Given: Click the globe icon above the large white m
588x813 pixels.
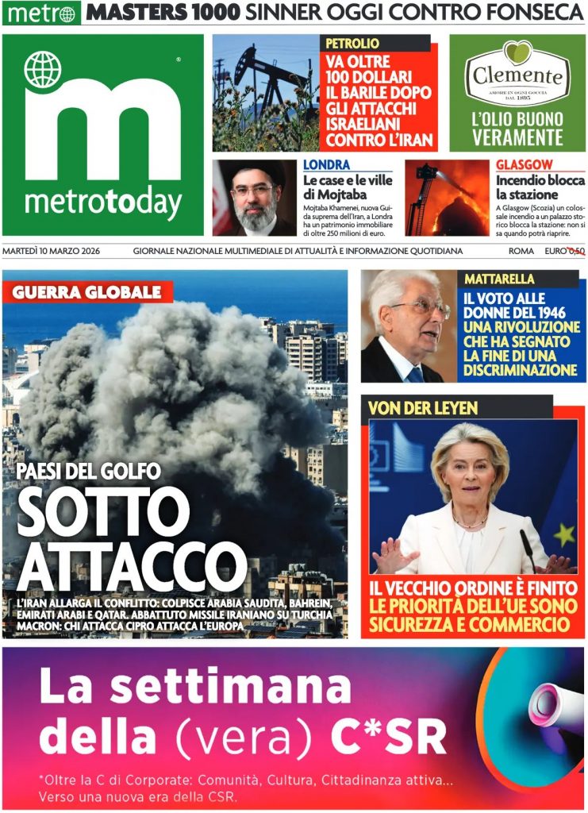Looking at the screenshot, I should tap(42, 69).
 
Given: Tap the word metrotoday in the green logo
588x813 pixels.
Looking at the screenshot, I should tap(103, 203).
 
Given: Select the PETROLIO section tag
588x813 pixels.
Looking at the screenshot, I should tap(351, 43).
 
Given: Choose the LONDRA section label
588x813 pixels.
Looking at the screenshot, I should tap(326, 165).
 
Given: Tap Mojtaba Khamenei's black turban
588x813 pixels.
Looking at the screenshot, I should tap(253, 173).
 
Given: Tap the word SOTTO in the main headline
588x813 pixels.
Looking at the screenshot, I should tap(98, 514).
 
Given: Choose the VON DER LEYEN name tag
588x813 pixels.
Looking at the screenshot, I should tap(422, 408).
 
